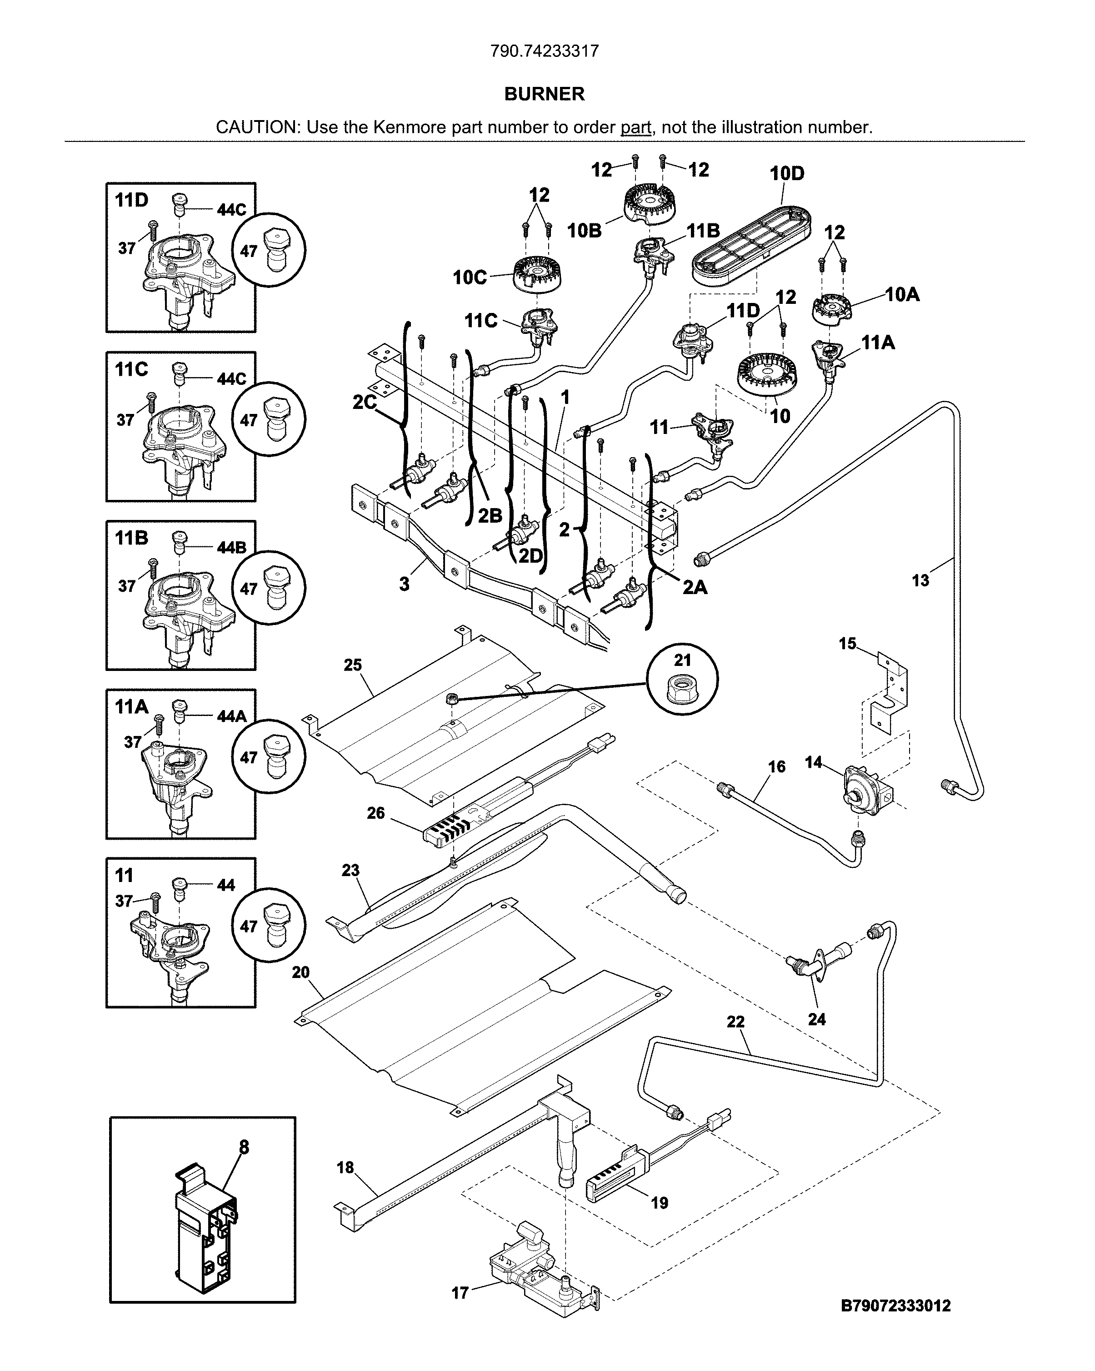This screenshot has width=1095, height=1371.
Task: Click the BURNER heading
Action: coord(544,94)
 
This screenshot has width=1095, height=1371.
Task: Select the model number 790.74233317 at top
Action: coord(544,51)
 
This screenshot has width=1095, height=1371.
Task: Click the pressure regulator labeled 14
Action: coord(862,791)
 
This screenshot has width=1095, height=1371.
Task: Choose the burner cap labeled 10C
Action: coord(537,275)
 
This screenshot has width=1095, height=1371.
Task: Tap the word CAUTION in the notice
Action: coord(257,127)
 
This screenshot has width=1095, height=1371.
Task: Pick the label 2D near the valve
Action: coord(530,556)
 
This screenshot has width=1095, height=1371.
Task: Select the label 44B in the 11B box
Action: coord(231,548)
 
